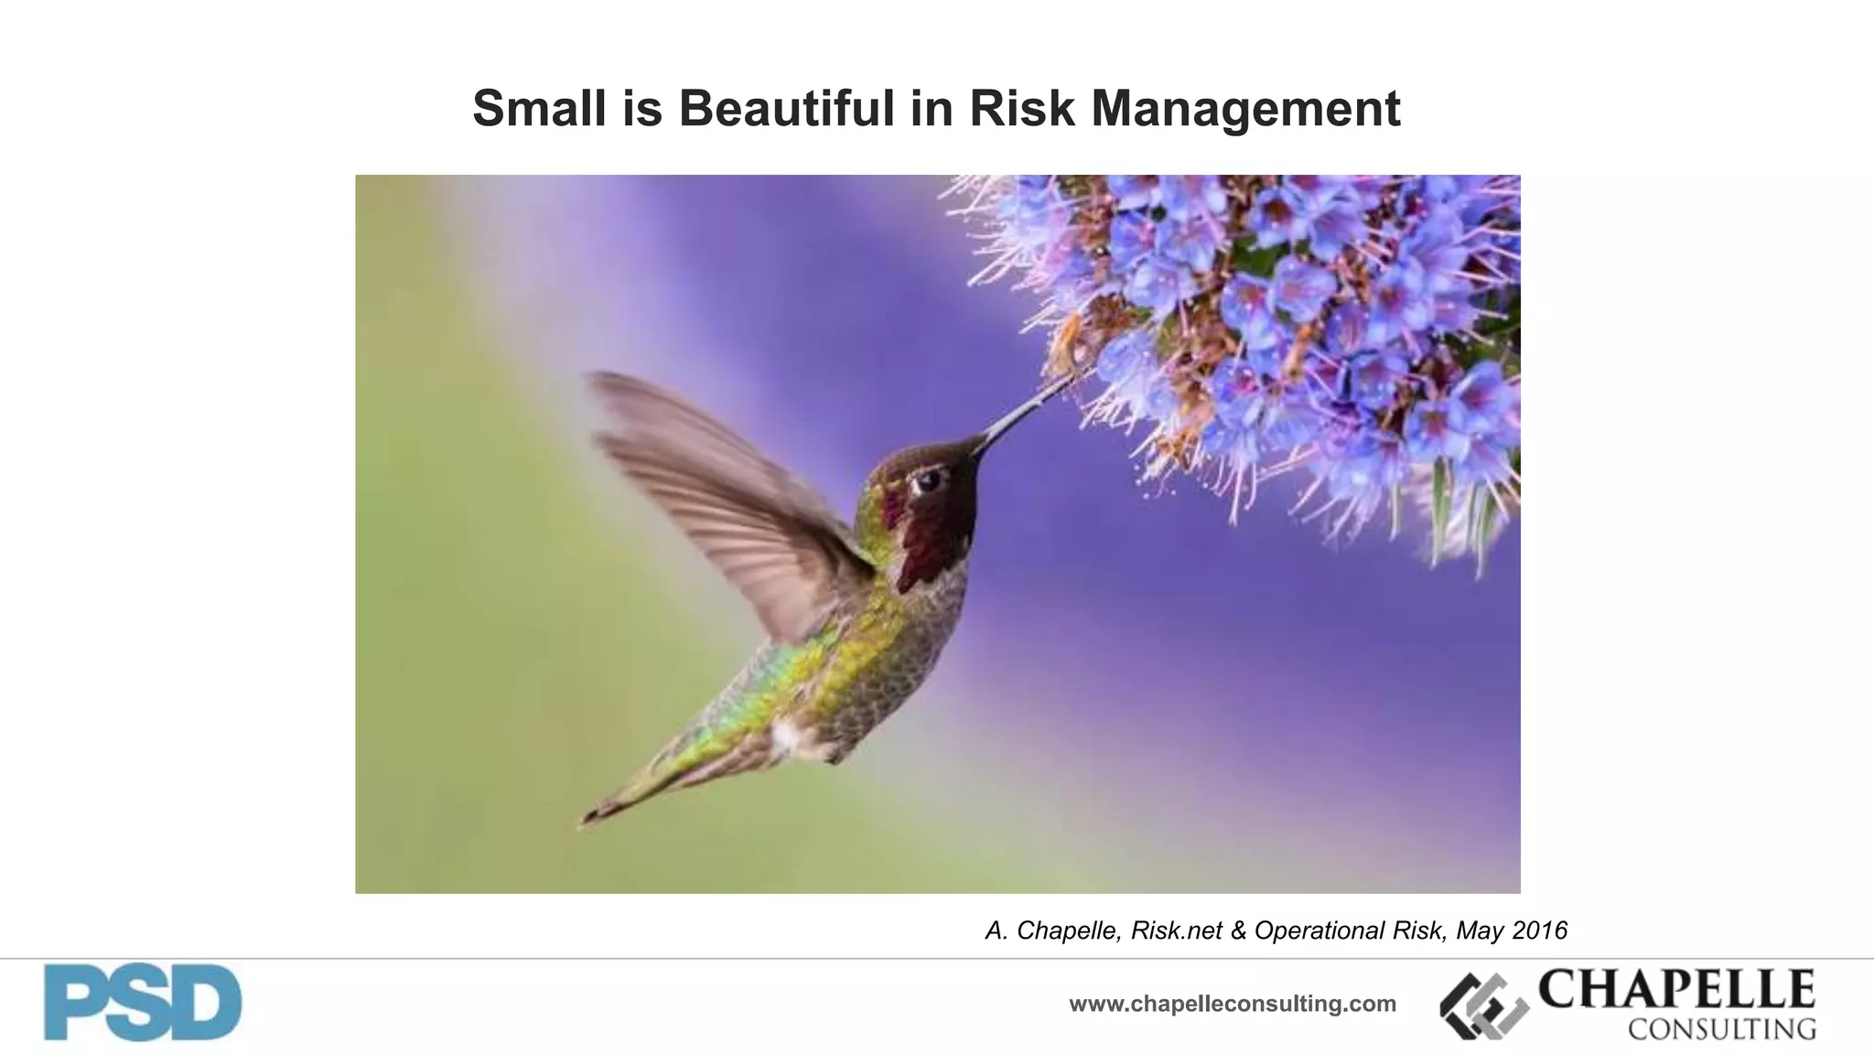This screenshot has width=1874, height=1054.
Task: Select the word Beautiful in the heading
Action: pyautogui.click(x=786, y=108)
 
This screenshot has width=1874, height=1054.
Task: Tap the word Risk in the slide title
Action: pyautogui.click(x=1008, y=108)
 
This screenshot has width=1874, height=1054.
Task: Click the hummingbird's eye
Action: pyautogui.click(x=928, y=479)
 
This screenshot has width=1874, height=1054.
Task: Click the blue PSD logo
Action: pyautogui.click(x=143, y=1003)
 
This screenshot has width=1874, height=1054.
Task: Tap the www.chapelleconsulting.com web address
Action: pyautogui.click(x=1233, y=1004)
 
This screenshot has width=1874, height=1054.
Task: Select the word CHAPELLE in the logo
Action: pyautogui.click(x=1676, y=989)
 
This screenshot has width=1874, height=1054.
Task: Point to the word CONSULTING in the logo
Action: pyautogui.click(x=1721, y=1029)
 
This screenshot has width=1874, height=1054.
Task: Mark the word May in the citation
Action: pyautogui.click(x=1478, y=930)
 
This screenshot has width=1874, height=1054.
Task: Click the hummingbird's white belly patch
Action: pyautogui.click(x=787, y=737)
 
